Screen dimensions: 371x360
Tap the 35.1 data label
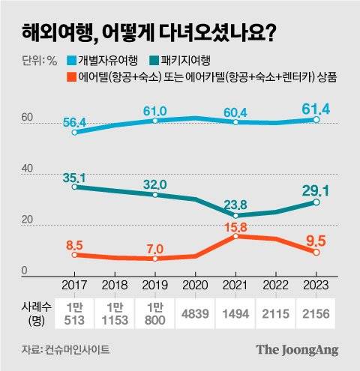tap(73, 177)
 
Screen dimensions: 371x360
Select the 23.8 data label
tap(235, 202)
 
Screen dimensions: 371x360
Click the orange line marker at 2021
tap(236, 236)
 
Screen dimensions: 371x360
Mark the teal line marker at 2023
tap(317, 202)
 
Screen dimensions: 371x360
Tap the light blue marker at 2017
tap(74, 132)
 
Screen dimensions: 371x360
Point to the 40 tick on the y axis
tap(27, 169)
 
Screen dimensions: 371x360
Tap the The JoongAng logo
tap(297, 349)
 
